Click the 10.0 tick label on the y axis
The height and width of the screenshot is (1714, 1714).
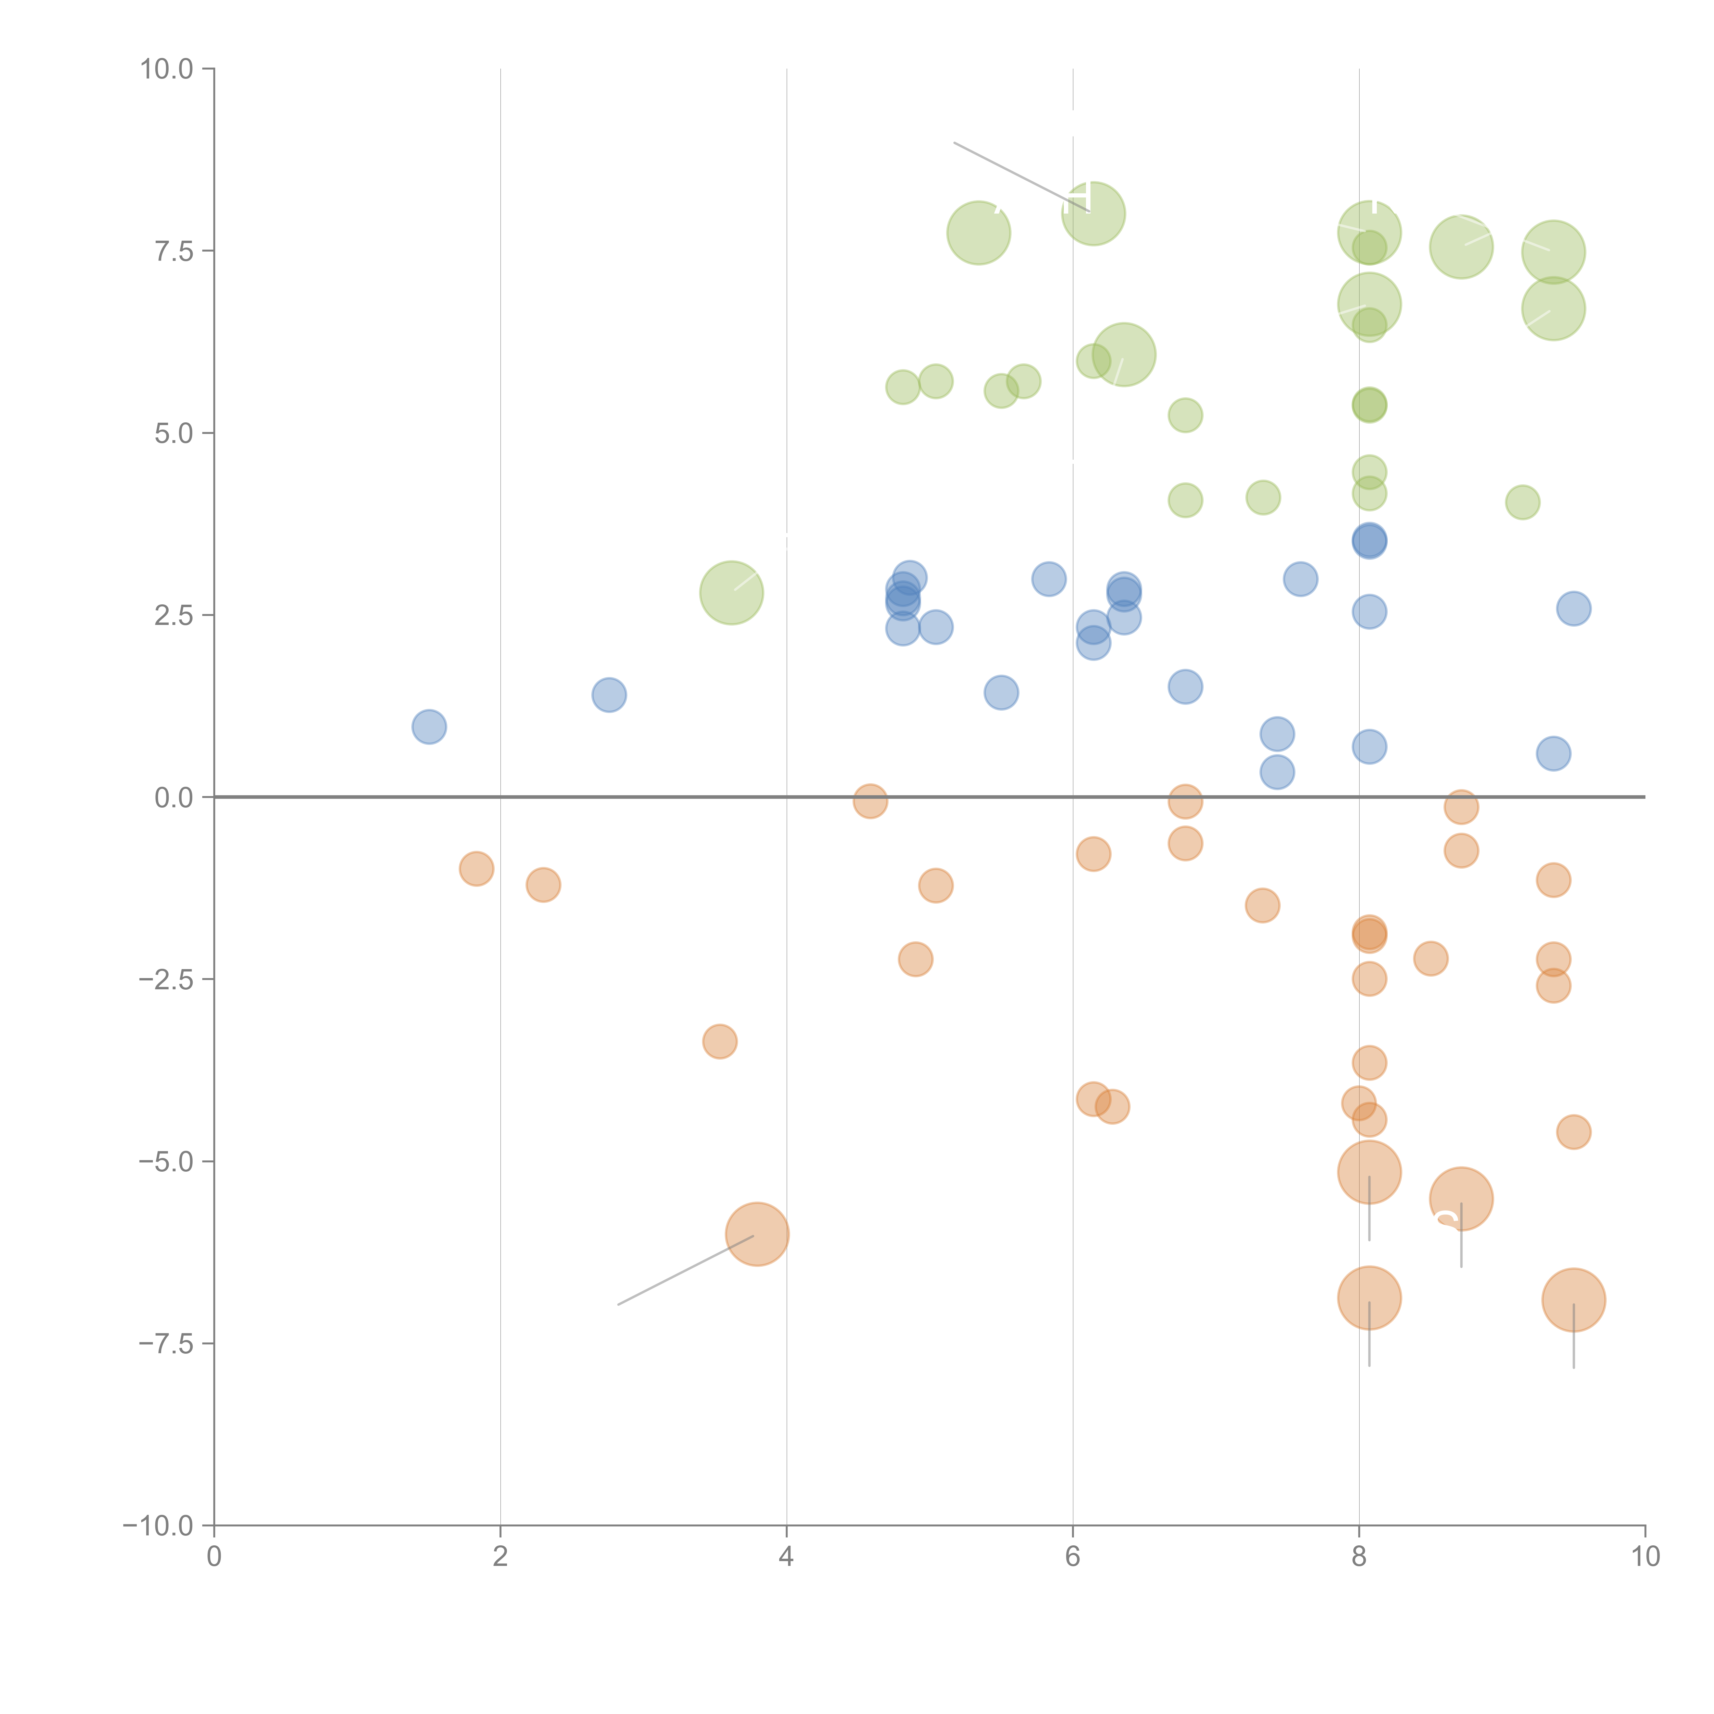(167, 69)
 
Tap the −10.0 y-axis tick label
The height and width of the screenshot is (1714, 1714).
(158, 1526)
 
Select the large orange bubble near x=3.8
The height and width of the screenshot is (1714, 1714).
(757, 1234)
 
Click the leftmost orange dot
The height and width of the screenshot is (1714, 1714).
(476, 869)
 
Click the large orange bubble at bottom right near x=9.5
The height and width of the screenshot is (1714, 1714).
(1573, 1300)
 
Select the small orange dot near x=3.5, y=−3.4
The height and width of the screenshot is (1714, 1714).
(720, 1041)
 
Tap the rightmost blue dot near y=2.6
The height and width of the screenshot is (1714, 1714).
(1573, 608)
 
